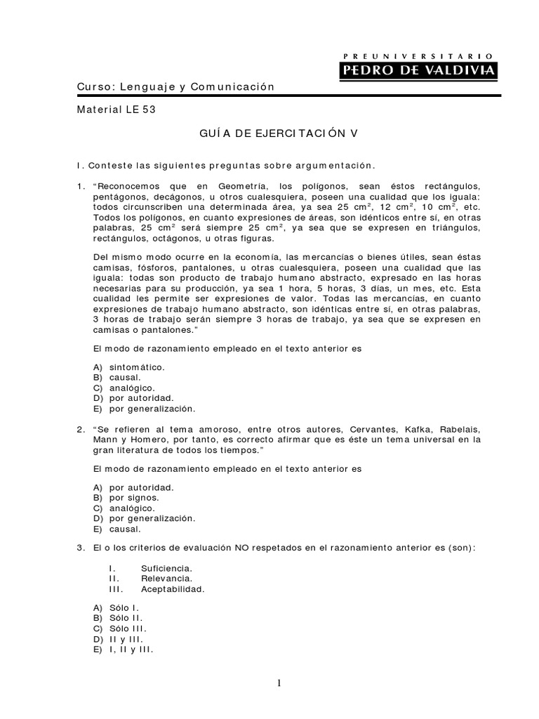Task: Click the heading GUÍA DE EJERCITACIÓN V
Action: (x=269, y=133)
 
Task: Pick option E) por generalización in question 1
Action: (x=144, y=408)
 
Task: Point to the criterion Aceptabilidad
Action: (x=173, y=590)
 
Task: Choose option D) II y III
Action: (x=119, y=640)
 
